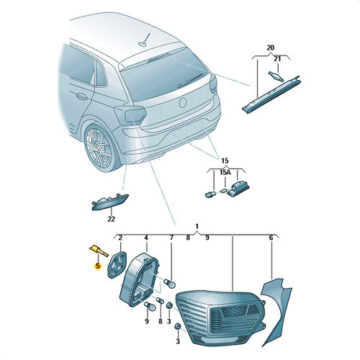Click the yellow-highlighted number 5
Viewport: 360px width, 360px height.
97,266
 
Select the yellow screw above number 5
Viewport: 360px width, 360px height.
99,251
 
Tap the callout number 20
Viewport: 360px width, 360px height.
270,48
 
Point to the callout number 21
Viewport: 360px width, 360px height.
277,59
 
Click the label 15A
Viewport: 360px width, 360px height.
225,172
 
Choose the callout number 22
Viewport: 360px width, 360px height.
112,219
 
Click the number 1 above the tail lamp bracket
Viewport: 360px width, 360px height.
197,226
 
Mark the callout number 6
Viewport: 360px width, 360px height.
271,238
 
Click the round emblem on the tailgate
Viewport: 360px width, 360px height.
183,103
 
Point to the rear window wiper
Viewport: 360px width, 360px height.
190,80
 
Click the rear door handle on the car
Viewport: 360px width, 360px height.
81,96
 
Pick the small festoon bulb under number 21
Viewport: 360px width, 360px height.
276,76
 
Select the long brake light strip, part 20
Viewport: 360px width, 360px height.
271,94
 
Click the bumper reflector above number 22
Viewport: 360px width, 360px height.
110,202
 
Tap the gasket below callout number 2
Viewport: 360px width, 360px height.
116,264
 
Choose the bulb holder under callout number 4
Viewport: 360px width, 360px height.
140,279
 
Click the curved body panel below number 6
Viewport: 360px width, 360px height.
276,312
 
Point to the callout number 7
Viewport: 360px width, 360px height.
171,238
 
